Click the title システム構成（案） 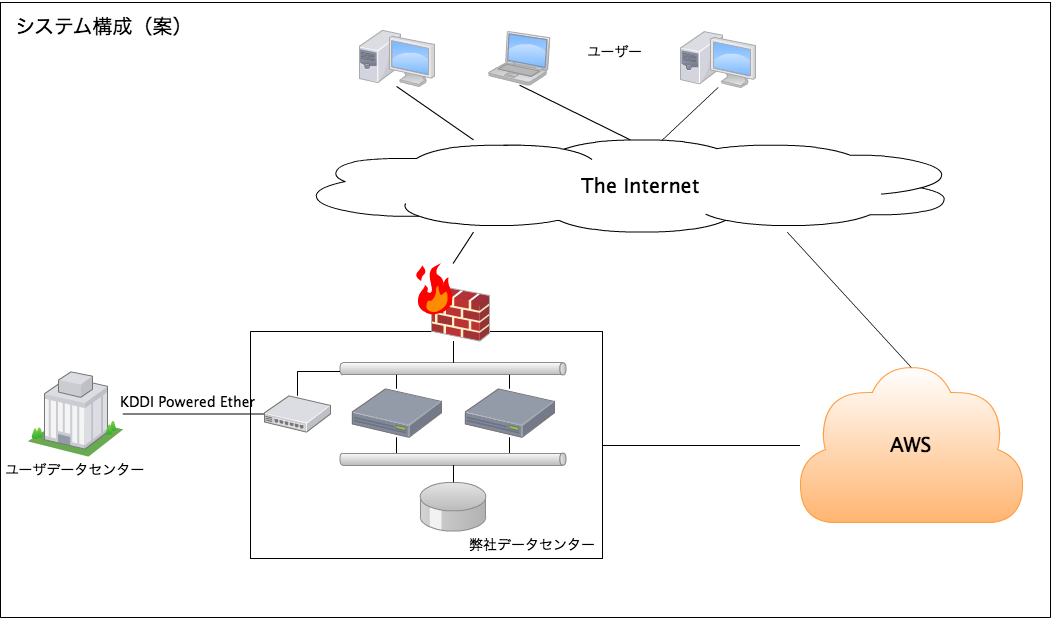pyautogui.click(x=98, y=27)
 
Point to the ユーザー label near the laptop pyautogui.click(x=614, y=51)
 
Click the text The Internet pyautogui.click(x=640, y=186)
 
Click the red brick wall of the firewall pyautogui.click(x=462, y=315)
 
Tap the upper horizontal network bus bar pyautogui.click(x=454, y=368)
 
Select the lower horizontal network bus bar pyautogui.click(x=454, y=459)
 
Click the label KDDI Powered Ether pyautogui.click(x=187, y=402)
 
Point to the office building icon pyautogui.click(x=75, y=411)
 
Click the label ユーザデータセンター pyautogui.click(x=74, y=469)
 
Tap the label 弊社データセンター pyautogui.click(x=532, y=545)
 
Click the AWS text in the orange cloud pyautogui.click(x=910, y=445)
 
